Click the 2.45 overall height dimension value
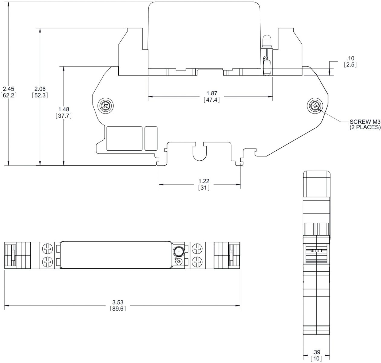click(8, 89)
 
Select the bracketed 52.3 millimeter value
click(40, 95)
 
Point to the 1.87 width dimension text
click(212, 93)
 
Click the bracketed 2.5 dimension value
click(350, 64)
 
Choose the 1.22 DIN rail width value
click(204, 181)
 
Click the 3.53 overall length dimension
click(118, 302)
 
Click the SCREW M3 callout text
click(365, 121)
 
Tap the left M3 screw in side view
click(106, 106)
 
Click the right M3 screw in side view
click(315, 106)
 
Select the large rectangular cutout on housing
click(125, 138)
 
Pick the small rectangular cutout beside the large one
click(151, 138)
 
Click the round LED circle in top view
click(178, 251)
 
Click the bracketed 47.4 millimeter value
click(212, 100)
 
